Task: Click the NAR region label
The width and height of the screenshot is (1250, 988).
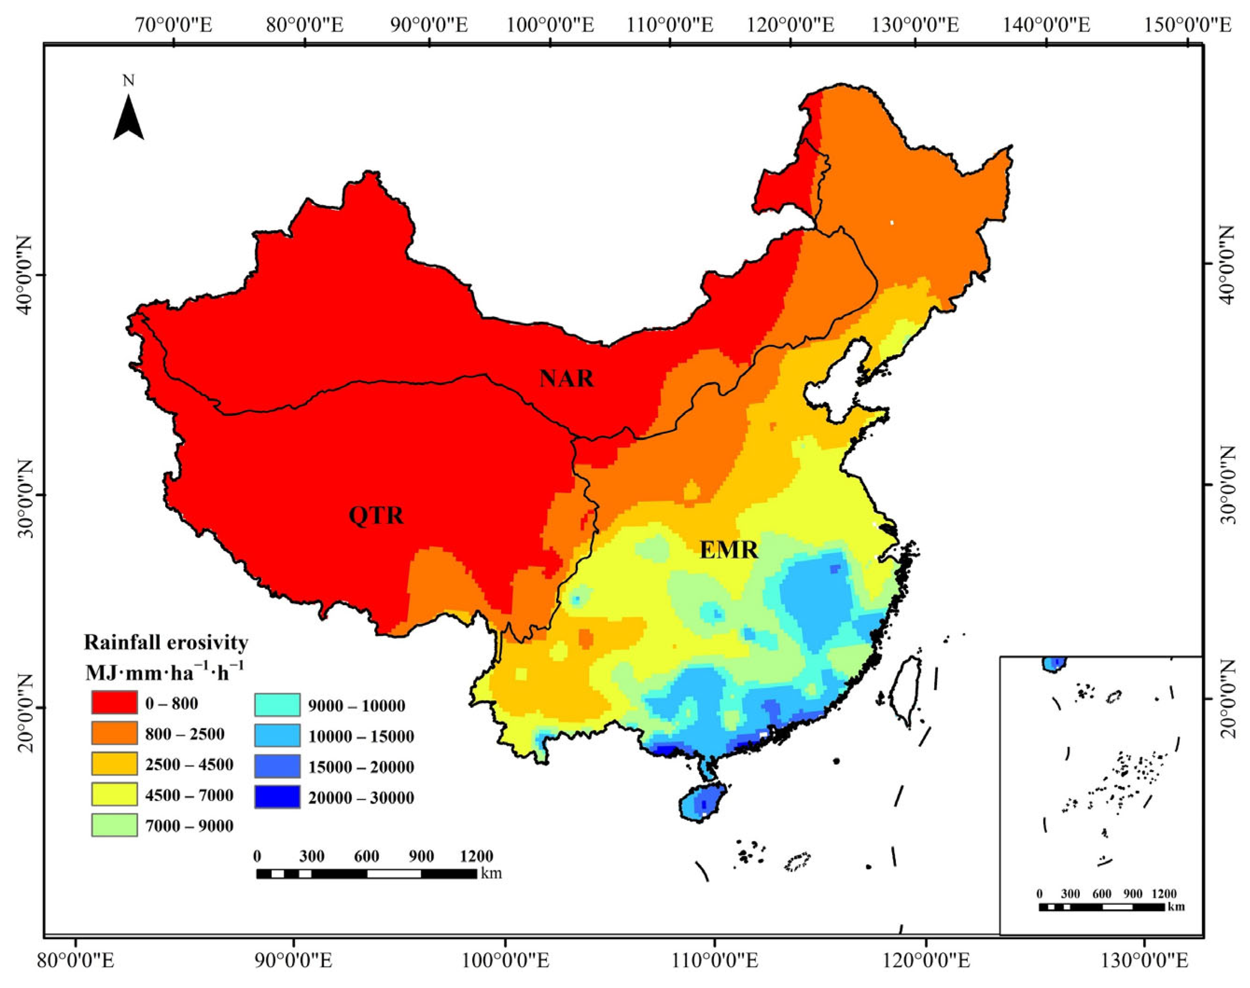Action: click(x=566, y=379)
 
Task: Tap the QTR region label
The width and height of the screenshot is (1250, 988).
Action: click(x=376, y=515)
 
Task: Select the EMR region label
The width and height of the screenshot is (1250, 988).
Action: click(x=728, y=549)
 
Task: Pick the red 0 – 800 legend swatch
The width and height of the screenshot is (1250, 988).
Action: click(x=114, y=703)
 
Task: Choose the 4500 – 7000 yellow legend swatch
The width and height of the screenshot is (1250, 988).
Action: click(x=114, y=794)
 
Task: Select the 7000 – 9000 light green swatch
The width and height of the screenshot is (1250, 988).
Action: click(x=114, y=825)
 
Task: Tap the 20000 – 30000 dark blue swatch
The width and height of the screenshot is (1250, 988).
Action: click(x=277, y=797)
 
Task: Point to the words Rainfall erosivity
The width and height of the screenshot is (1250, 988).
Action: click(x=166, y=642)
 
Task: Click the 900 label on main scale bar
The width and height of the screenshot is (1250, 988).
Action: click(x=421, y=856)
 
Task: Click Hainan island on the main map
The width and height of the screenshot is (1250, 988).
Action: click(x=702, y=802)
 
